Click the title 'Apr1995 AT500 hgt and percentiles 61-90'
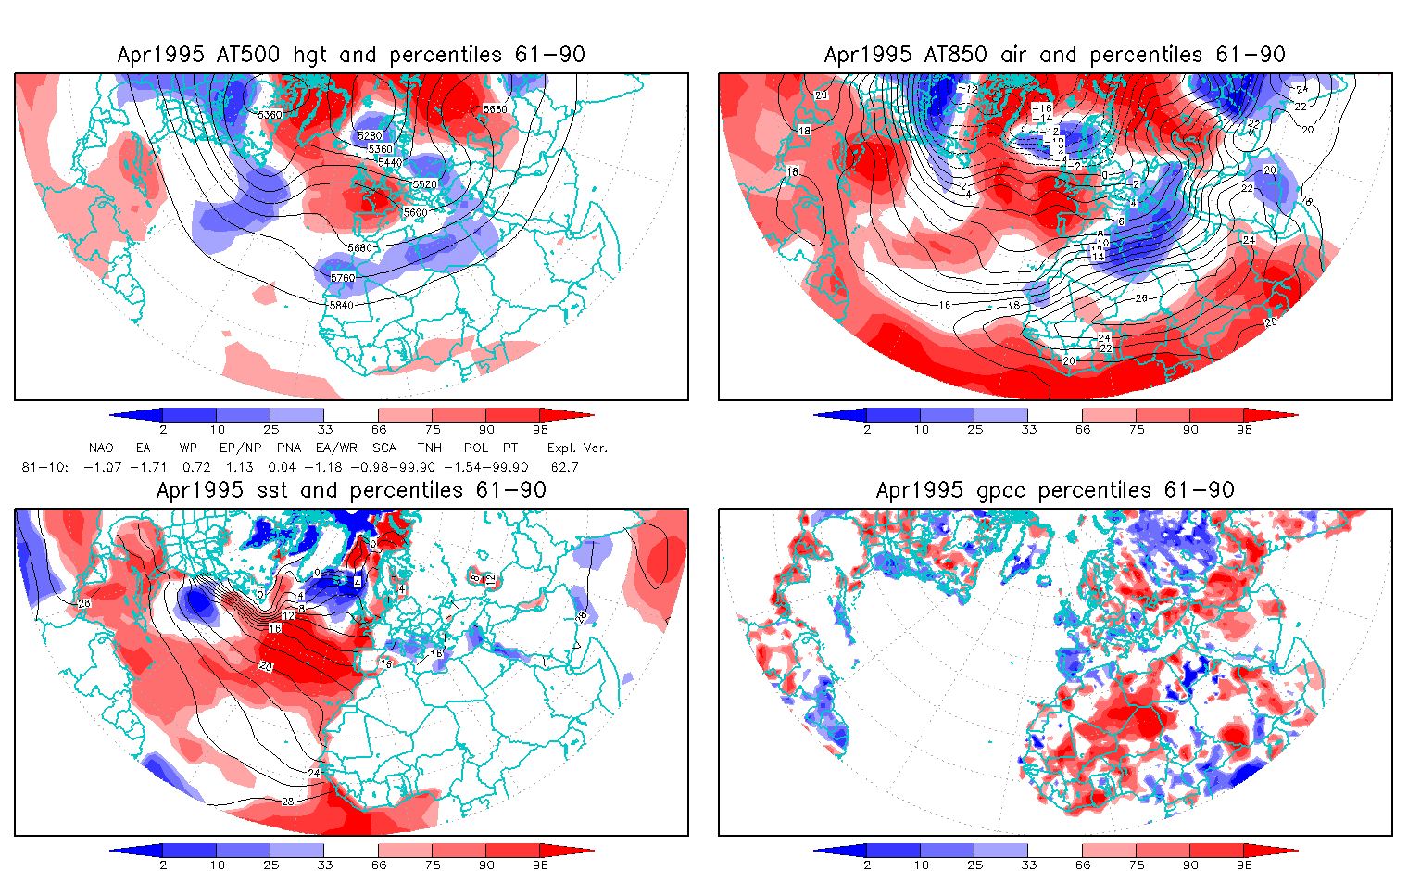click(x=351, y=55)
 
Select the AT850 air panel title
click(x=1054, y=55)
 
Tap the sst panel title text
click(x=351, y=490)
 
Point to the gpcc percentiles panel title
click(x=1054, y=490)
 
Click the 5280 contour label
click(x=370, y=136)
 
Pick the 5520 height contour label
click(x=424, y=184)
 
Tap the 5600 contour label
click(x=416, y=213)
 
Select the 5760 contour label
click(x=343, y=278)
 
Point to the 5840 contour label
click(x=341, y=305)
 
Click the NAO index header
click(x=101, y=448)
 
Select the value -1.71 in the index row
click(x=147, y=468)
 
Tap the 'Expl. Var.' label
click(x=577, y=448)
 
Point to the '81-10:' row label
click(x=44, y=468)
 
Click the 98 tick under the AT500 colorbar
click(x=541, y=430)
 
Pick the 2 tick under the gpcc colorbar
click(x=867, y=865)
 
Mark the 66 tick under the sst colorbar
click(x=379, y=865)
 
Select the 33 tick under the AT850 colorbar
click(x=1028, y=430)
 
